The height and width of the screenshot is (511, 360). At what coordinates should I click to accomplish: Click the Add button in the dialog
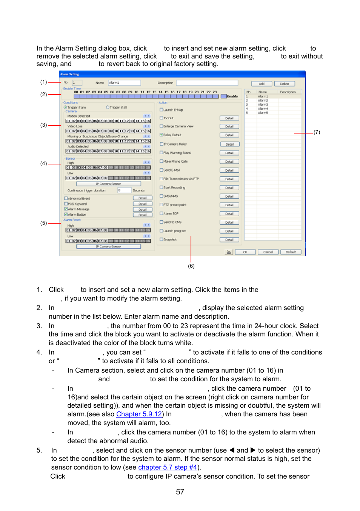point(262,84)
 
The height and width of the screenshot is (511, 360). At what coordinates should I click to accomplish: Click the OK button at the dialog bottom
point(245,252)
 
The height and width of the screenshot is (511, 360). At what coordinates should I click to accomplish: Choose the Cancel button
point(268,252)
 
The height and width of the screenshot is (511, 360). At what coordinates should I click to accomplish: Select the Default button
point(291,252)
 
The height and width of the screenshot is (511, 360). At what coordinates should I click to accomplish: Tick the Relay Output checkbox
point(162,135)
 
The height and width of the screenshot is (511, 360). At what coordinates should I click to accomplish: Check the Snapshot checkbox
point(162,239)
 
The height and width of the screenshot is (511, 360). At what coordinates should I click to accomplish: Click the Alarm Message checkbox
point(66,209)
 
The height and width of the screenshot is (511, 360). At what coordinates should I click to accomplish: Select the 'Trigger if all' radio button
point(108,107)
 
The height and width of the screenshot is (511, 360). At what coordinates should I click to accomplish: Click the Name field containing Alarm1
point(124,83)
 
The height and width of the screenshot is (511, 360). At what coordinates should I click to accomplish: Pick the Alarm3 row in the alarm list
point(263,104)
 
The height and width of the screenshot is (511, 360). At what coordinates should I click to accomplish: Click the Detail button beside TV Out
point(229,118)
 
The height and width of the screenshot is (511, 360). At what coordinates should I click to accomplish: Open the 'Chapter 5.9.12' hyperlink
point(139,414)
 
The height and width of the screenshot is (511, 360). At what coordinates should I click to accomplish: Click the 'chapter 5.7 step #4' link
point(168,467)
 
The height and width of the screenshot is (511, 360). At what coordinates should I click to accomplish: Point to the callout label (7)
point(317,132)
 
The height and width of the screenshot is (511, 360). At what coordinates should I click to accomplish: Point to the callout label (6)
point(191,266)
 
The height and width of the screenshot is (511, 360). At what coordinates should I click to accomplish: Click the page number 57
point(180,492)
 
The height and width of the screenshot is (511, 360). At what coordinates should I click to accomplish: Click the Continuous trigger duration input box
point(124,190)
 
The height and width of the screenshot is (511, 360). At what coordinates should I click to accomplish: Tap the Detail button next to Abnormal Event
point(142,198)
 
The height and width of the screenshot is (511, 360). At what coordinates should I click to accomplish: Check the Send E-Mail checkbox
point(162,170)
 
